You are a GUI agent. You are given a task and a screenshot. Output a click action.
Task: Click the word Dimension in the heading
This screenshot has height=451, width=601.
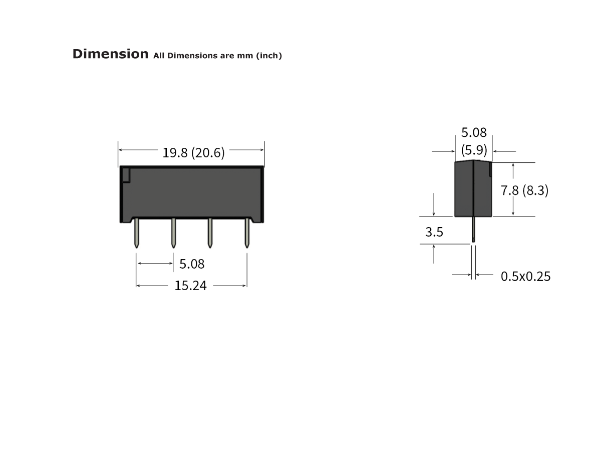click(110, 54)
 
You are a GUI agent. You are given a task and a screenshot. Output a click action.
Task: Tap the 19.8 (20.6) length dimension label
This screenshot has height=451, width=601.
click(193, 152)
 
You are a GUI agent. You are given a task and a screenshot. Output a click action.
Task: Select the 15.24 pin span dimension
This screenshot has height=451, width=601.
click(190, 286)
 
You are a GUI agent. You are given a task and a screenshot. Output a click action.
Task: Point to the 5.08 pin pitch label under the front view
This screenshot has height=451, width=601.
click(192, 264)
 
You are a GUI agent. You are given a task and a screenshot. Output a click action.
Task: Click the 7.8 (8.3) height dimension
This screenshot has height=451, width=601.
click(525, 190)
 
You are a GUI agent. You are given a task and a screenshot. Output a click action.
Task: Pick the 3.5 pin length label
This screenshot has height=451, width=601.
click(434, 232)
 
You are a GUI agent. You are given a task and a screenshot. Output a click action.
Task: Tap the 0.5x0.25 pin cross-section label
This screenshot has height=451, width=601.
click(525, 276)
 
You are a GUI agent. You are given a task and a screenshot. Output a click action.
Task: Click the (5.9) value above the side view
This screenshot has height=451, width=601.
click(474, 149)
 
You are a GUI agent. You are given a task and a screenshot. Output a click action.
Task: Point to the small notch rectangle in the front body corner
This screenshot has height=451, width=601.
click(126, 175)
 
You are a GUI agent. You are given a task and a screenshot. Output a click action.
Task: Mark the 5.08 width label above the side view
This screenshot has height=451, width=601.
click(474, 133)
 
